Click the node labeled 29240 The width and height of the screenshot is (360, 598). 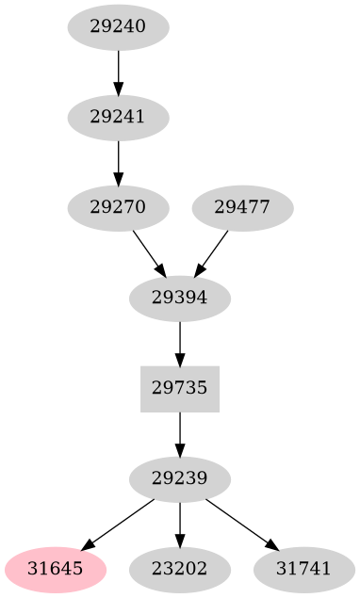[x=119, y=27]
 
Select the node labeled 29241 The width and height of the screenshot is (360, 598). [x=119, y=118]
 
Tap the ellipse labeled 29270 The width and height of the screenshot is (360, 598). [x=119, y=207]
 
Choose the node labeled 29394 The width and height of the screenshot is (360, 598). [x=180, y=299]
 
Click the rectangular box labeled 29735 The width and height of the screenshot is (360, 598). [x=180, y=388]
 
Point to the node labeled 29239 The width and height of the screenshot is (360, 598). [x=180, y=478]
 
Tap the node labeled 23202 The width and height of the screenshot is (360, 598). [x=180, y=569]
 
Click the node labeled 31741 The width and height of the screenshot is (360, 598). [x=304, y=569]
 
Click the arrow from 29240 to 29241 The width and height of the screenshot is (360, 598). [x=119, y=72]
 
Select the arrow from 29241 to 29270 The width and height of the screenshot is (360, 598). [x=119, y=162]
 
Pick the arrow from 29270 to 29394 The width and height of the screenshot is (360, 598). [x=148, y=251]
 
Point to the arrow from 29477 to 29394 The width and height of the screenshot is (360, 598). [x=213, y=251]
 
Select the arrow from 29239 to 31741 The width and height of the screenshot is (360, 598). [x=240, y=523]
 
